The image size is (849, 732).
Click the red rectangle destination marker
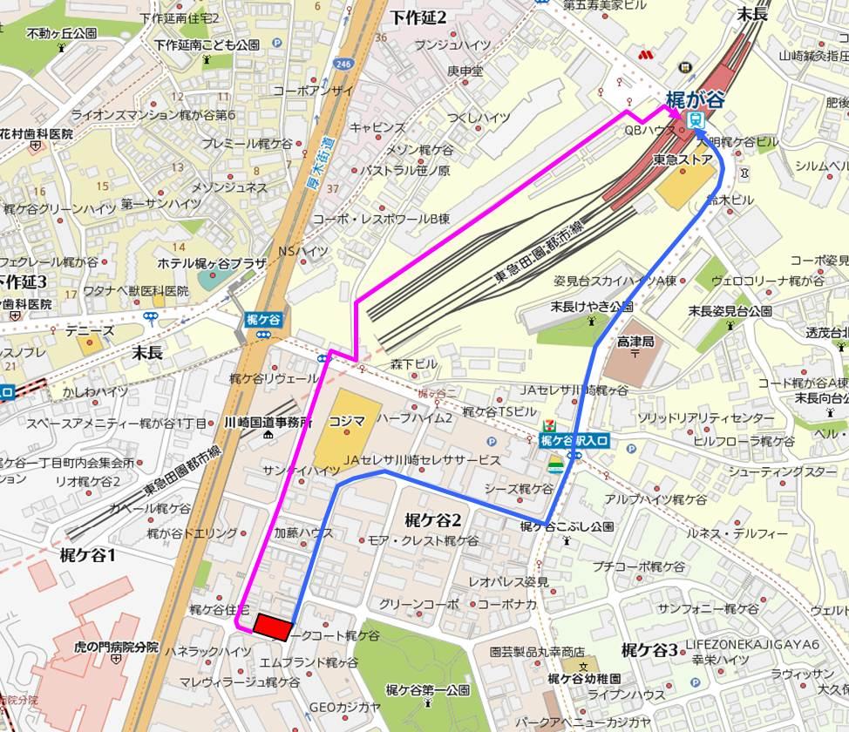coord(272,626)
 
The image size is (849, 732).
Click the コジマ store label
coord(347,420)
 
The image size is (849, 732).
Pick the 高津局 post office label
coord(635,342)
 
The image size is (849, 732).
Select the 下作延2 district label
coord(418,17)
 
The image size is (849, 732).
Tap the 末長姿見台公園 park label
coord(730,310)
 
